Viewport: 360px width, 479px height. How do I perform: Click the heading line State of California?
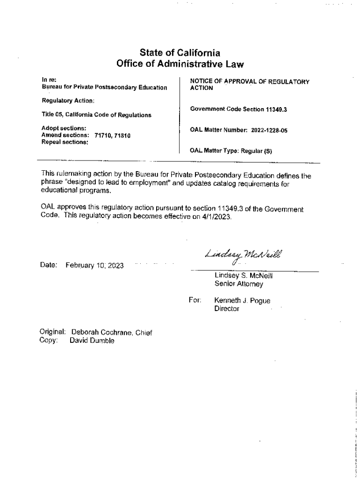180,53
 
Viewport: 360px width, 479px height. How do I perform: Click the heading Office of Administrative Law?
180,64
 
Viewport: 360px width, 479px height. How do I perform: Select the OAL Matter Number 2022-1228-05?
269,131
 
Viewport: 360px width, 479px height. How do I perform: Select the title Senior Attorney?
238,284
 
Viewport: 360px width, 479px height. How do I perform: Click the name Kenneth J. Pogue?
242,301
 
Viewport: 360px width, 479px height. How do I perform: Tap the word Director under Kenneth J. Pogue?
226,309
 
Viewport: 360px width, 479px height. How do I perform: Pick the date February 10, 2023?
94,266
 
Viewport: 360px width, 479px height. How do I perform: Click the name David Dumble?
92,341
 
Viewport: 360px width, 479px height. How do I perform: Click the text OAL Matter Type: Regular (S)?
231,151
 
